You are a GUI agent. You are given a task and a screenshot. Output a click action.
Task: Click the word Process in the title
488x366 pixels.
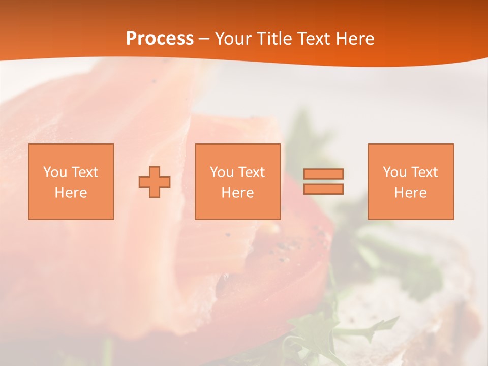point(160,39)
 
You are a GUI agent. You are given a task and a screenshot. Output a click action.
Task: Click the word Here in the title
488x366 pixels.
point(356,39)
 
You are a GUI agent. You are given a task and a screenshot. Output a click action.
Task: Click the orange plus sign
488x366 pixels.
point(155,182)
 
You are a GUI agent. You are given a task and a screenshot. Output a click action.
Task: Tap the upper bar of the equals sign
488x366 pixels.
point(323,174)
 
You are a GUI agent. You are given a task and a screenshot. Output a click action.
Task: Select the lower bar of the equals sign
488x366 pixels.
point(323,189)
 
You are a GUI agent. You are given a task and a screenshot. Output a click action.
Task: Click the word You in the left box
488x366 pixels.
point(55,172)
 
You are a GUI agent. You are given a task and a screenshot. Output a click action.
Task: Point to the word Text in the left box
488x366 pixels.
point(84,172)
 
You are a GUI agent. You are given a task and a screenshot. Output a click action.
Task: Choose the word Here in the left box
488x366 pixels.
point(71,193)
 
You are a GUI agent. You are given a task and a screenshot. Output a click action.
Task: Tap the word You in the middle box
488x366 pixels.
point(222,172)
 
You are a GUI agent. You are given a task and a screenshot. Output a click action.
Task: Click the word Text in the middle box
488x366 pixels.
point(251,172)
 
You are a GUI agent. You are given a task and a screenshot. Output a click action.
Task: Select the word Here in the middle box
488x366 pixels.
point(237,193)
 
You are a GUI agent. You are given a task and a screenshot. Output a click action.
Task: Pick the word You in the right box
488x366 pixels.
point(394,172)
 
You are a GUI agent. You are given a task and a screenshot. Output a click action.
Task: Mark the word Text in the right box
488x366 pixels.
point(424,172)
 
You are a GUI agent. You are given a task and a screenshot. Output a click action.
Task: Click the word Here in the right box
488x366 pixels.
point(410,193)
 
